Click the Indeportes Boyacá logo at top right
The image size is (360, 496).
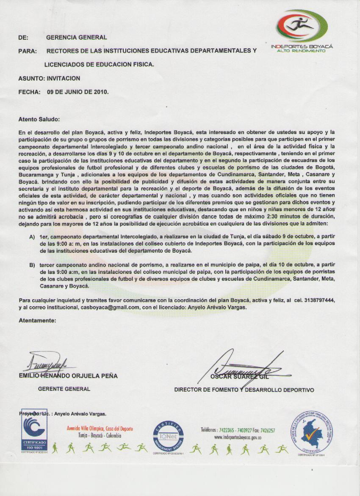click(x=302, y=30)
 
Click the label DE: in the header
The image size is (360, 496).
click(x=23, y=38)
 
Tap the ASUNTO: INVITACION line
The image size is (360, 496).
click(x=50, y=78)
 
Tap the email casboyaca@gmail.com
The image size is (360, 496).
click(x=110, y=307)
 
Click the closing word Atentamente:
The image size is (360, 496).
click(x=37, y=320)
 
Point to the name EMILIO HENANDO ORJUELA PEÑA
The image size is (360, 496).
click(x=68, y=376)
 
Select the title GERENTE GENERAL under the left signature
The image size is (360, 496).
click(x=64, y=389)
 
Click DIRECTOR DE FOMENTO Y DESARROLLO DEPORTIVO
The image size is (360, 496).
click(x=244, y=390)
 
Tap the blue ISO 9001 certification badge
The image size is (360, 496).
click(x=34, y=432)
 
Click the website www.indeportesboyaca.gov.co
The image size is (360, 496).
click(x=238, y=437)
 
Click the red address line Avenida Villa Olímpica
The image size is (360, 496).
click(x=100, y=429)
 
